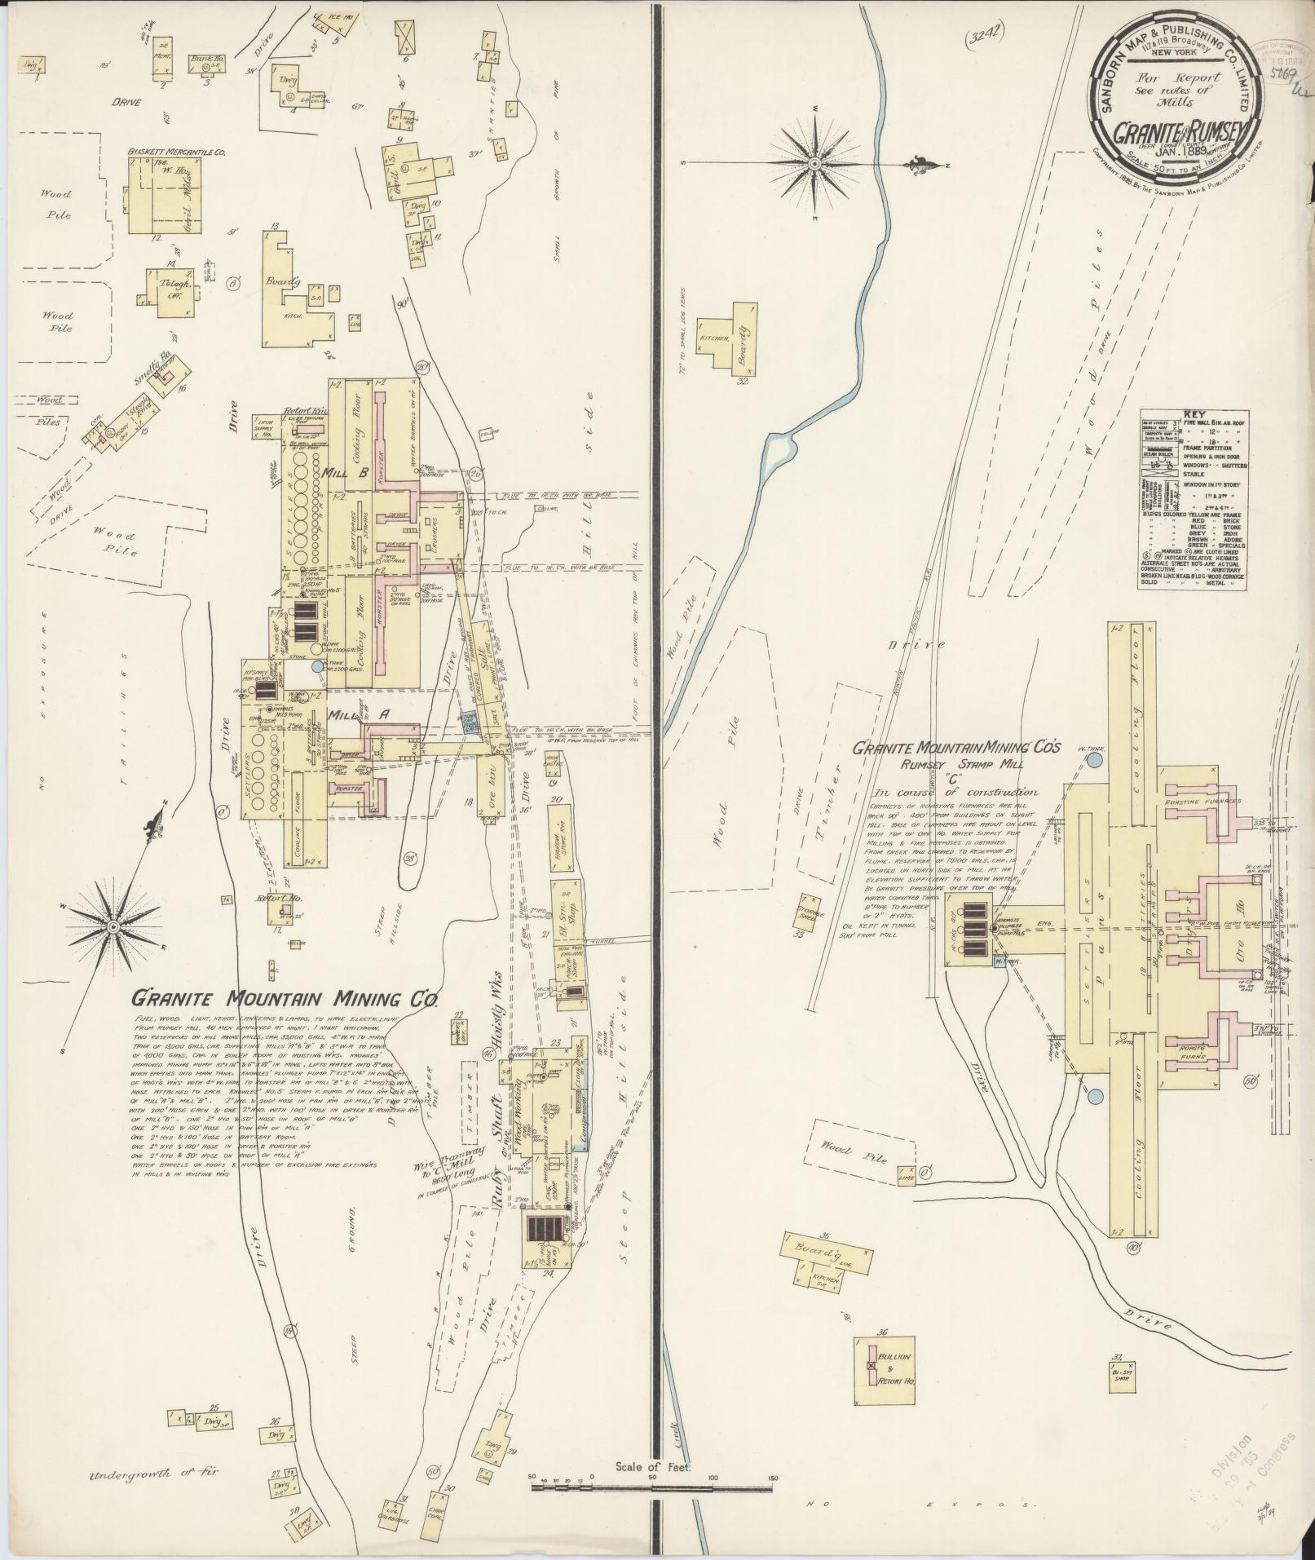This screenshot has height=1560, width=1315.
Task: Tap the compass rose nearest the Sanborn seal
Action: tap(814, 165)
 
